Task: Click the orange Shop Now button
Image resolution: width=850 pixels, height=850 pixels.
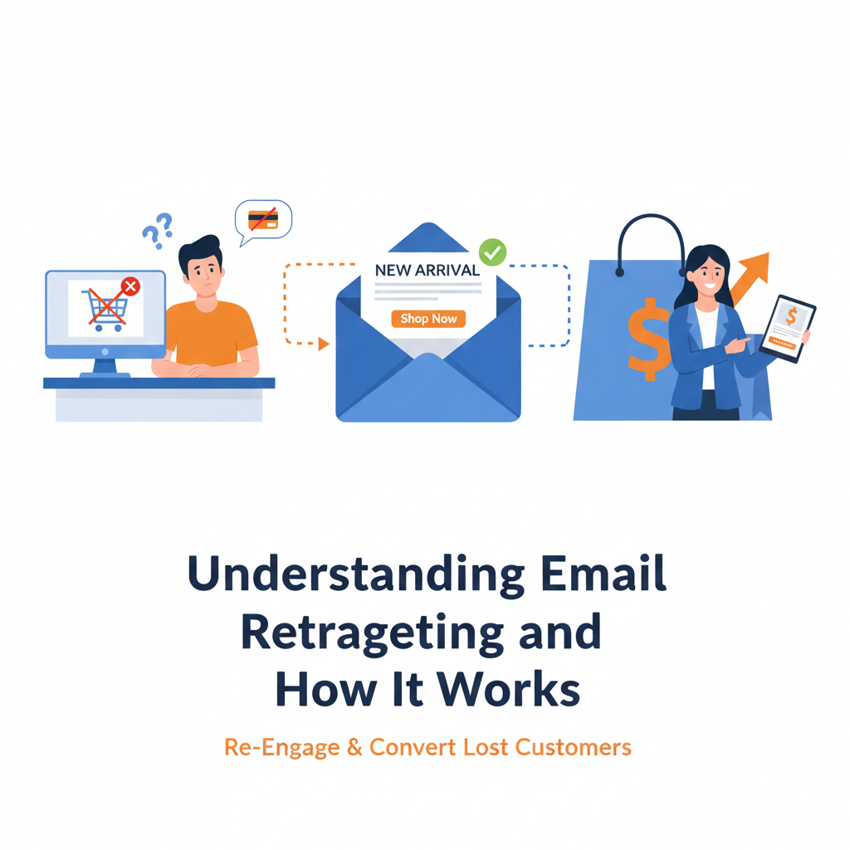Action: [428, 319]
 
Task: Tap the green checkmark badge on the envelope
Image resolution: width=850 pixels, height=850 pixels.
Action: [493, 252]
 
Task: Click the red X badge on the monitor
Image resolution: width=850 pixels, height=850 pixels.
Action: [130, 287]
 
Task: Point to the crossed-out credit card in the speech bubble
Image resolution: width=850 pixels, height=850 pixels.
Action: [263, 220]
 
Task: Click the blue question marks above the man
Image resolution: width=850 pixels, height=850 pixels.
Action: [158, 229]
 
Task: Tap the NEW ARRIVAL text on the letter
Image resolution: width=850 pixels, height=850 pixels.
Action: [427, 270]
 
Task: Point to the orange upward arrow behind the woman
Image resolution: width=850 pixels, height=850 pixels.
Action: [751, 275]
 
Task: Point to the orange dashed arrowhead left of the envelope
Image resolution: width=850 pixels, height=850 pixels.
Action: [324, 344]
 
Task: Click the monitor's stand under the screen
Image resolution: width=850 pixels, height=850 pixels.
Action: [105, 366]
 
